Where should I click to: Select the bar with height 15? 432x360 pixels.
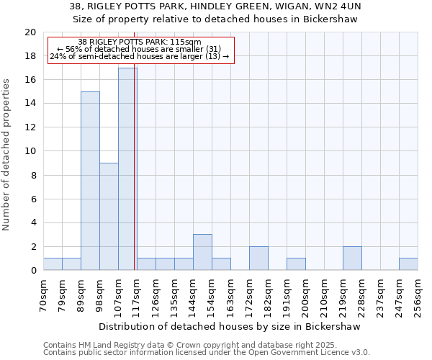90,181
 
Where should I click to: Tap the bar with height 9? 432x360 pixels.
109,216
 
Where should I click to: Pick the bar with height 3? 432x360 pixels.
202,252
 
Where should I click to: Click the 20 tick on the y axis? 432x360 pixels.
30,32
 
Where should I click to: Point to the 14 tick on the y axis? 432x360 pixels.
30,104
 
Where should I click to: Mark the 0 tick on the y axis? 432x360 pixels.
32,271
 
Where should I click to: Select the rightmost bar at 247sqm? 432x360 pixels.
408,264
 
